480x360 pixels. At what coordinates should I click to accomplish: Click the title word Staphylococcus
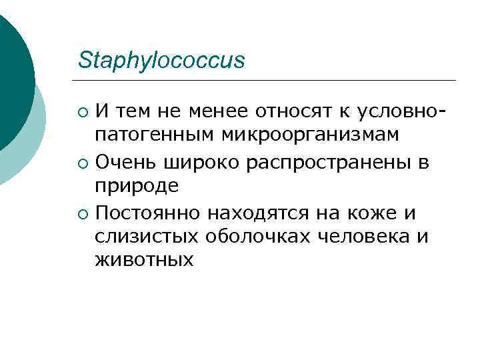coord(161,60)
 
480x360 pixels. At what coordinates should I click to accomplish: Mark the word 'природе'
coord(137,188)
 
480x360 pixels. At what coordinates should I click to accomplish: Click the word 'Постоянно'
coord(147,214)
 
